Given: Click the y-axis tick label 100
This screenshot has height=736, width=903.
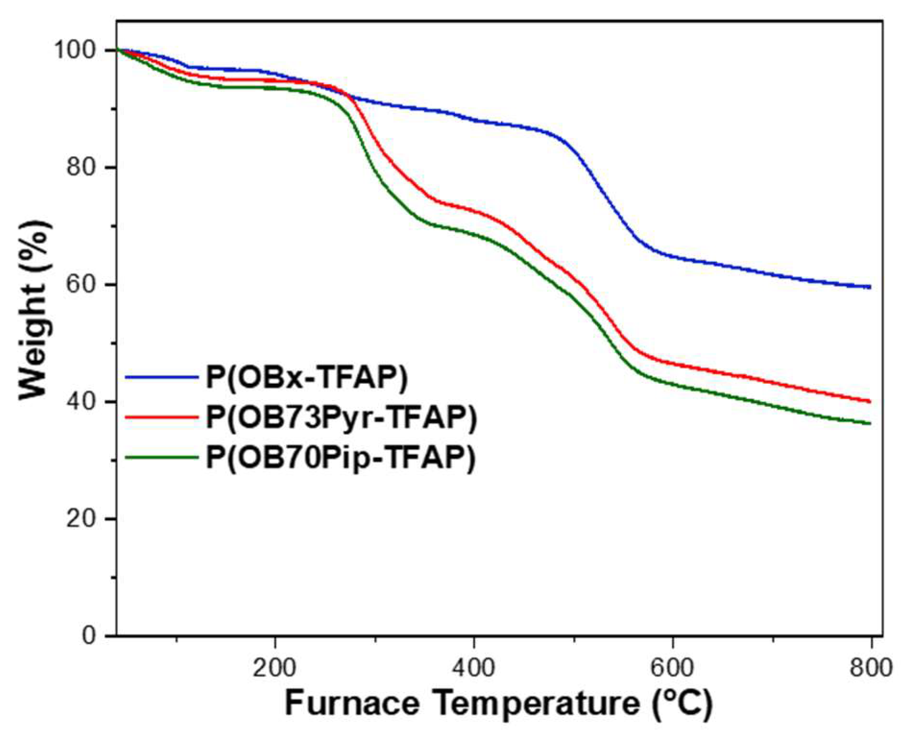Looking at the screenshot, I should click(x=75, y=50).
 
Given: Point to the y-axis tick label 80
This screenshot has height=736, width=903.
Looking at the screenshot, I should click(x=82, y=167).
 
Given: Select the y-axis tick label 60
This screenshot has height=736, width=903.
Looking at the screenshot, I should click(x=82, y=285).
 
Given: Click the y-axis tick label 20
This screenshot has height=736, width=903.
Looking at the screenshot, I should click(x=82, y=519).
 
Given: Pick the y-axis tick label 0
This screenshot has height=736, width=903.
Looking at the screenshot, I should click(x=89, y=636).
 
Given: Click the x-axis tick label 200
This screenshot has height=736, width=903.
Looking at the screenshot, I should click(x=275, y=667).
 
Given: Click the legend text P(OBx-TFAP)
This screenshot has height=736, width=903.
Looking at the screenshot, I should click(x=306, y=378).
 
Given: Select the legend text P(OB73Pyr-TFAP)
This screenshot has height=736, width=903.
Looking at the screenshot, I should click(x=341, y=418).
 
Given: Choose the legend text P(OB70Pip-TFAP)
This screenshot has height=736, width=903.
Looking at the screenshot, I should click(x=340, y=457).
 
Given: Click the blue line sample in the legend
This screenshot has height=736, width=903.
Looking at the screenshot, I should click(x=161, y=378).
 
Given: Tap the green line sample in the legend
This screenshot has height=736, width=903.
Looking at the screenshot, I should click(x=161, y=457).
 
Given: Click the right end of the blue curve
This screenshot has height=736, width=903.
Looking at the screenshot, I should click(x=869, y=287).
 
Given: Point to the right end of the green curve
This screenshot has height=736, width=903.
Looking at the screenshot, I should click(x=869, y=423).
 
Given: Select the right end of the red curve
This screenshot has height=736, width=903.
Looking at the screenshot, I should click(x=869, y=401).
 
